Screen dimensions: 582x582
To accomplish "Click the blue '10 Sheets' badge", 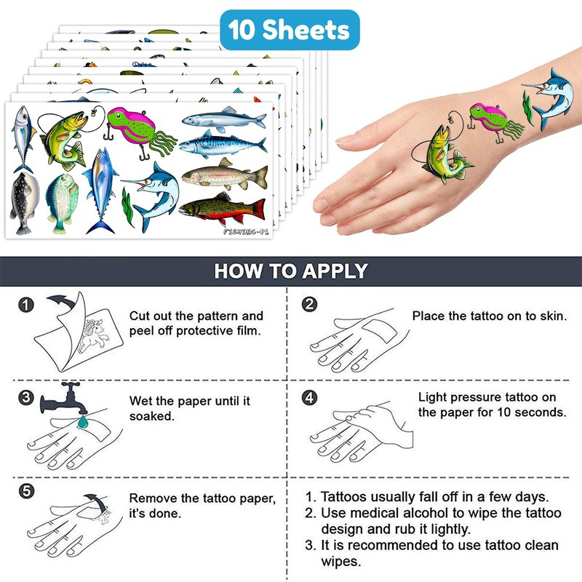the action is (290, 30).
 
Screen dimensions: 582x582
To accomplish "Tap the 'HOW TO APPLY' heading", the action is (291, 271).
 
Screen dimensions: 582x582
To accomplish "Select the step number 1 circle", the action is (26, 305).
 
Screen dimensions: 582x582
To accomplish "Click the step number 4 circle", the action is (310, 397).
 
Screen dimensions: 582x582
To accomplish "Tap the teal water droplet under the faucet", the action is (82, 421).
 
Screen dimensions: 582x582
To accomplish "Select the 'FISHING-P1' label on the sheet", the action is (246, 231).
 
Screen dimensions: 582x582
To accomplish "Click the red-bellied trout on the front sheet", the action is (223, 209).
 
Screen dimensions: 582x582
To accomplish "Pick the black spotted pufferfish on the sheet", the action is (25, 203).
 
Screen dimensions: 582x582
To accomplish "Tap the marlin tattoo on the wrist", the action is (549, 97).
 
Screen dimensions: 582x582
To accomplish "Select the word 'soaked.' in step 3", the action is (152, 416).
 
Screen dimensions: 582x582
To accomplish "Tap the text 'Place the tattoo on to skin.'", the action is (490, 316).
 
